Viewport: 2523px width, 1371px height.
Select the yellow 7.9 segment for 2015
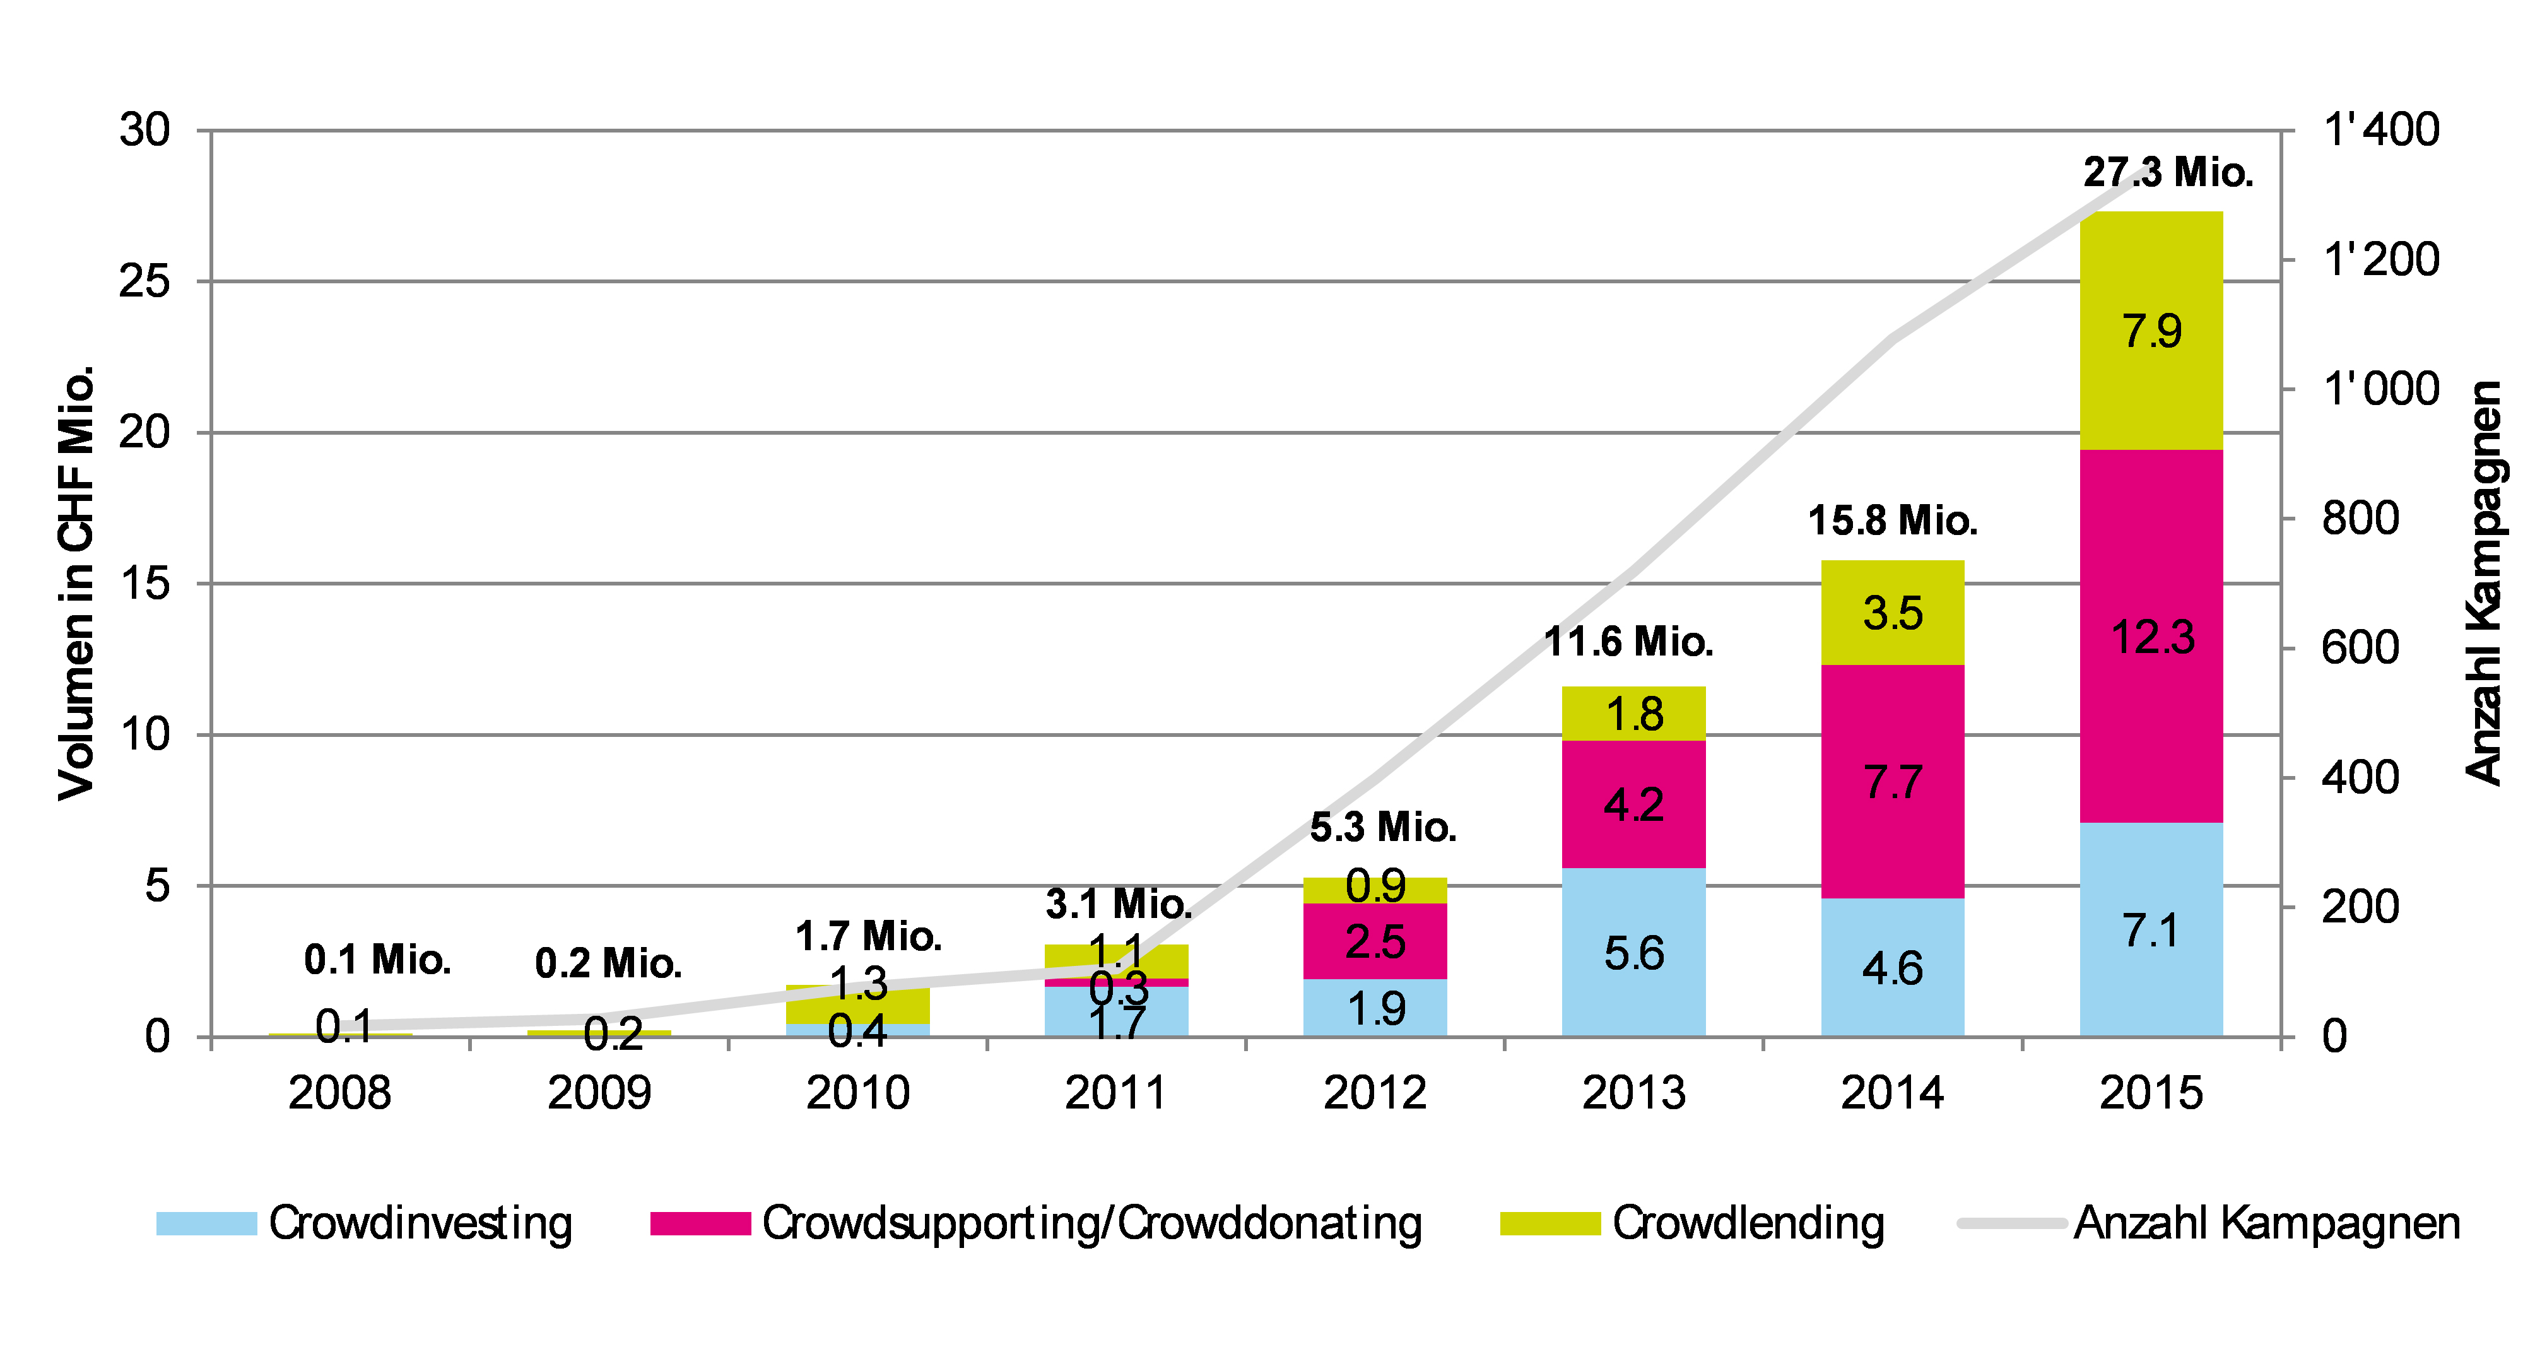2151,331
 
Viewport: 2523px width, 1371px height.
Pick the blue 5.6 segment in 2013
1633,952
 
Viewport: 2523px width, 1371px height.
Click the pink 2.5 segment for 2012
1375,941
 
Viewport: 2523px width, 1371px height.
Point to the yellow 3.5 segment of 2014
1892,613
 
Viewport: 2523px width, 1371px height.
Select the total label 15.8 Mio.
1892,521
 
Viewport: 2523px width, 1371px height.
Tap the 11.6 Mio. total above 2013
1629,642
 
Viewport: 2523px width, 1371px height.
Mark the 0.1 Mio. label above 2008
377,960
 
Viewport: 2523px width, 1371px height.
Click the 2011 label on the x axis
1115,1093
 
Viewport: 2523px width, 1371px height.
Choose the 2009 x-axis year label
599,1093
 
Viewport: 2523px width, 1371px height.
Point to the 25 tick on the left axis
145,282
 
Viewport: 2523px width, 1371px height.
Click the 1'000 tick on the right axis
2381,390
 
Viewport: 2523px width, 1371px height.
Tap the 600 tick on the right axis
2360,649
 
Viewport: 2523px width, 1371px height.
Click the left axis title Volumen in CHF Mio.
76,583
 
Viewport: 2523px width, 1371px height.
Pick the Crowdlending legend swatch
1550,1224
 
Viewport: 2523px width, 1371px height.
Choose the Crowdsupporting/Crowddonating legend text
1092,1224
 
